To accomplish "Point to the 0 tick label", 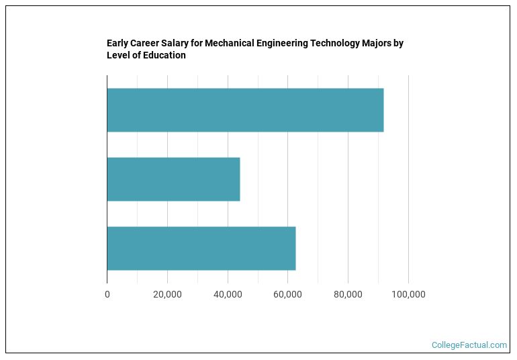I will [x=107, y=294].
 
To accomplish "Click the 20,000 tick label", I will [x=167, y=294].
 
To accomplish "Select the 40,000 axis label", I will [x=228, y=294].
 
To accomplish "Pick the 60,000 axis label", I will [x=288, y=294].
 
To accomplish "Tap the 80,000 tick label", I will [x=348, y=294].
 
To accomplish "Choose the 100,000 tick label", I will [x=408, y=294].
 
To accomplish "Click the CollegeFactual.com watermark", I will [x=469, y=345].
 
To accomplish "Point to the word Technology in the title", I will [x=338, y=44].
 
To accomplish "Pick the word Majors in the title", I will [x=377, y=44].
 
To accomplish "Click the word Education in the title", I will [x=164, y=56].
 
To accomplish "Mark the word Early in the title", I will [x=117, y=44].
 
